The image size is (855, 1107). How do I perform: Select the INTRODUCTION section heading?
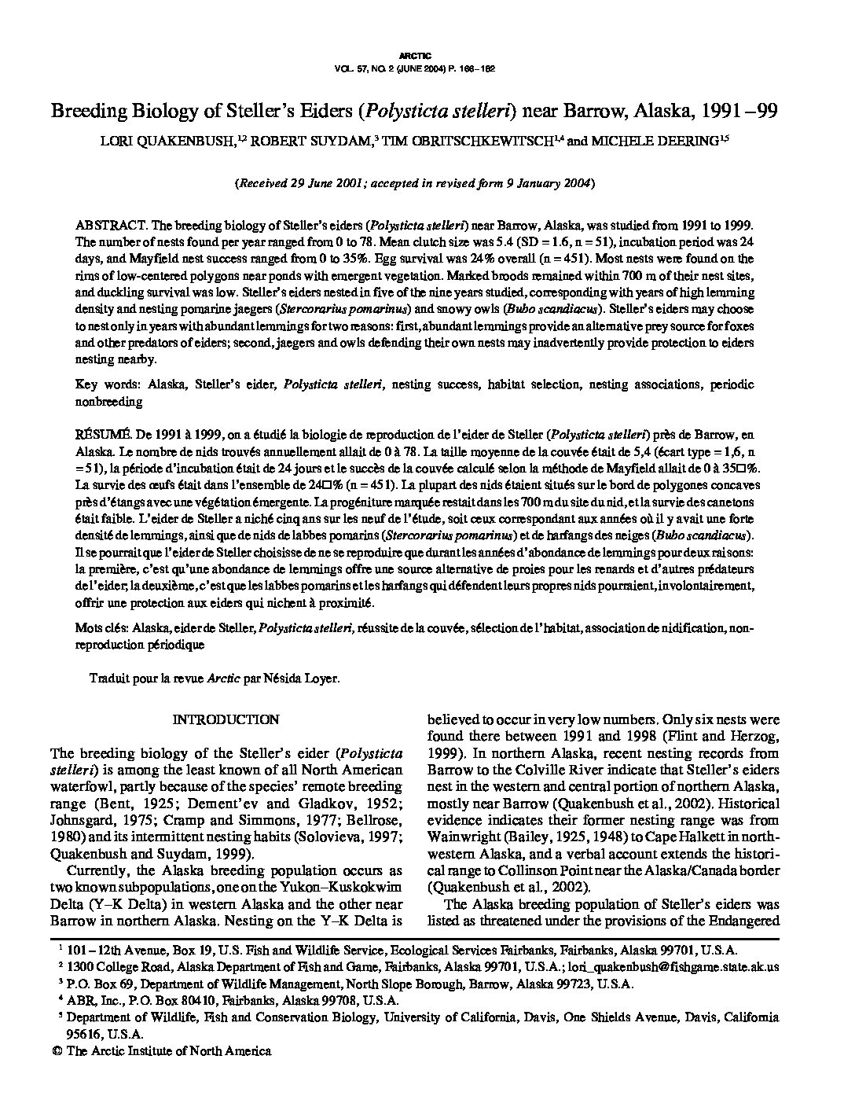(226, 719)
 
